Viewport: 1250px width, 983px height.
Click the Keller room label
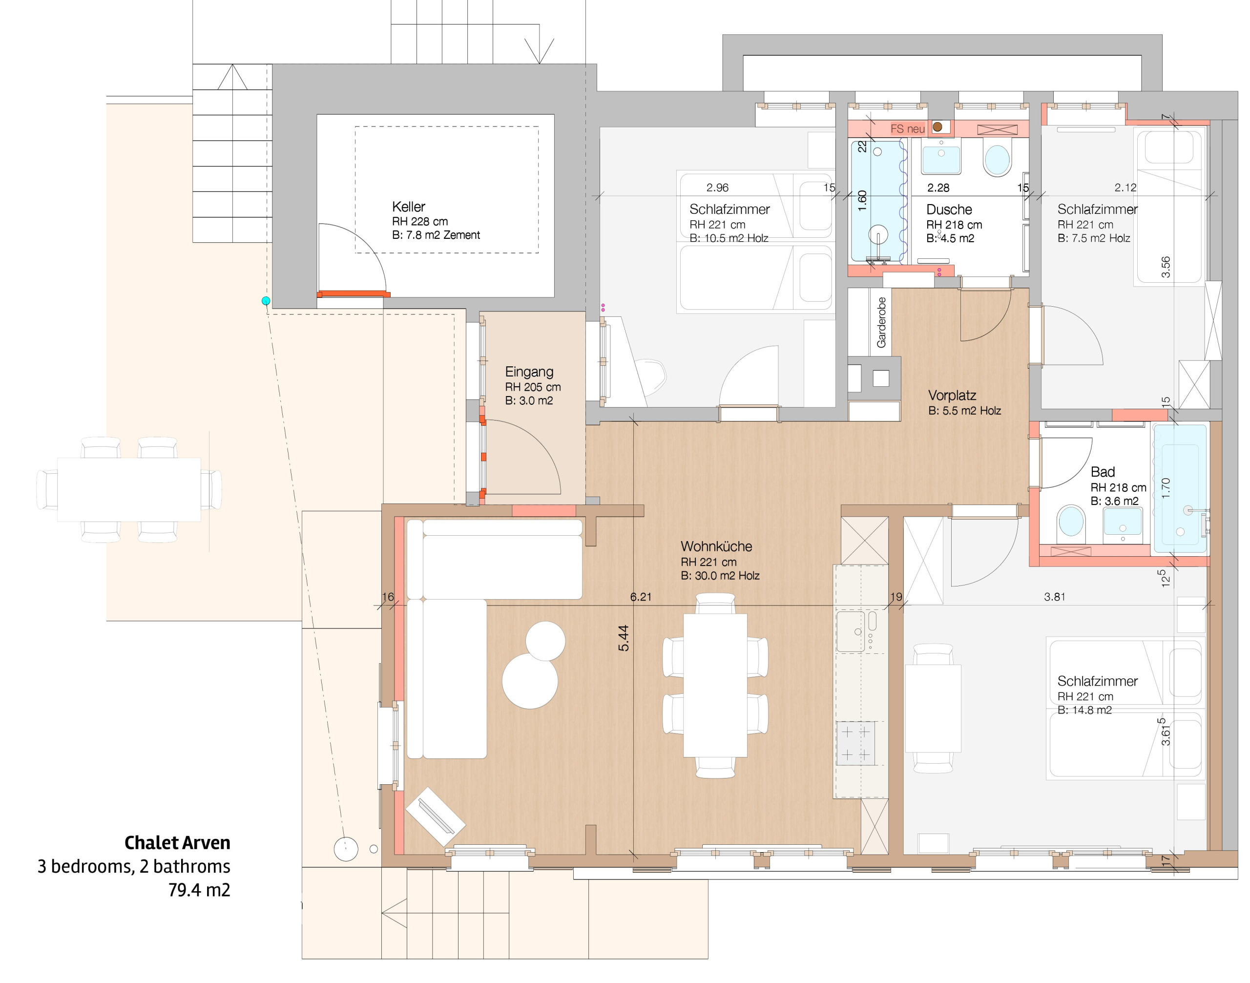tap(408, 207)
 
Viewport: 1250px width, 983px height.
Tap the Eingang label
tap(529, 372)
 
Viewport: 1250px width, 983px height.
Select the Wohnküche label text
tap(716, 546)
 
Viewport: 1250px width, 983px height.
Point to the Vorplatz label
tap(952, 396)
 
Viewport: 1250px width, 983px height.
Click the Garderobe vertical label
tap(881, 322)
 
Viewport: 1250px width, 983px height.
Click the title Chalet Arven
tap(177, 842)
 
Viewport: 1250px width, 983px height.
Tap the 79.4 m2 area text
tap(199, 890)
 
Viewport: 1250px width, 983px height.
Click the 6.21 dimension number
tap(641, 597)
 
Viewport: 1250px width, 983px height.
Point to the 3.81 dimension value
tap(1054, 597)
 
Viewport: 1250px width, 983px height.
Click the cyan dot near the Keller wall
tap(266, 301)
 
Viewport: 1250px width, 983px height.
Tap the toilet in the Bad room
tap(1071, 522)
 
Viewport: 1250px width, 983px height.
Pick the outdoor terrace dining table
tap(129, 489)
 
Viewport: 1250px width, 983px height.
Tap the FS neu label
tap(907, 129)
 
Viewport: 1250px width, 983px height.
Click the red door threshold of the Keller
tap(354, 294)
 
